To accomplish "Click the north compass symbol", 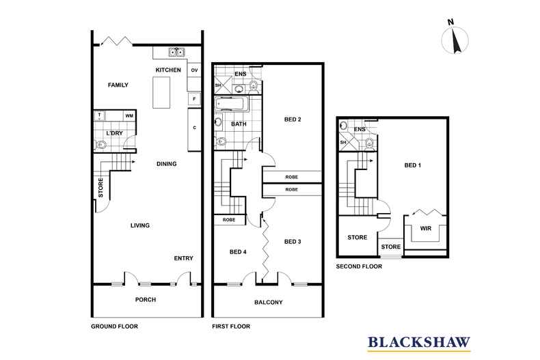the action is point(455,39).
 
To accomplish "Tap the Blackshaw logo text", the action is point(419,342).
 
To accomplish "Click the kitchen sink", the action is point(176,53).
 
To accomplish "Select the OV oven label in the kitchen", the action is point(195,70).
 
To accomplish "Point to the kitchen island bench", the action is point(161,92).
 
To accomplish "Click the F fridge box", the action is point(194,99).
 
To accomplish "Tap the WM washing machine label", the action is point(129,115).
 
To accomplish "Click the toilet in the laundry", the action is point(100,146).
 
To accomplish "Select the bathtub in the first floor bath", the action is point(231,103).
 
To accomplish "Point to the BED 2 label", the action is point(293,120).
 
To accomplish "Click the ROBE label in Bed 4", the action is point(229,219).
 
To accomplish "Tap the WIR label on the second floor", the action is point(426,228).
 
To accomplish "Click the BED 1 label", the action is point(413,165).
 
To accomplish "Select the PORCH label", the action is point(146,300).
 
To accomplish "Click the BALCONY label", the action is point(268,302).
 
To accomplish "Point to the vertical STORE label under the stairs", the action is point(100,188).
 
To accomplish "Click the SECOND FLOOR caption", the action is point(359,266).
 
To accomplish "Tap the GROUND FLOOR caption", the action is point(114,327).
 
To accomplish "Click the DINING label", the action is point(167,164).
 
